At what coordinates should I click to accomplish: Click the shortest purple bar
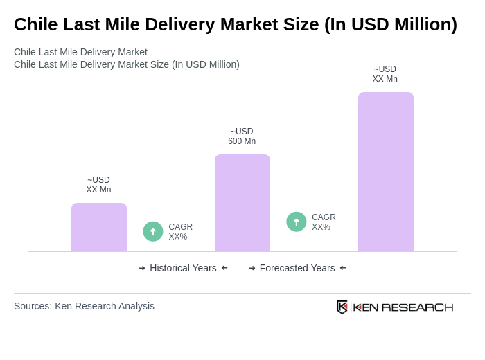99,227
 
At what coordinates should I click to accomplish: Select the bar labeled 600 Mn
242,203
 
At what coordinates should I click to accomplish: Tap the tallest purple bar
386,172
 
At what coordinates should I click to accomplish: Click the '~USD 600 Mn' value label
242,136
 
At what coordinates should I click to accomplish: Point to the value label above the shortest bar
98,185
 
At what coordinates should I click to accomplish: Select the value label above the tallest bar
385,74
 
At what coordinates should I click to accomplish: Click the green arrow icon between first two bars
153,231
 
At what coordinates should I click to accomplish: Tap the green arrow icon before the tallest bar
297,222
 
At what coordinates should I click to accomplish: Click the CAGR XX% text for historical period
181,232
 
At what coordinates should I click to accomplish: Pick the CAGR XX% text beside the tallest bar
324,222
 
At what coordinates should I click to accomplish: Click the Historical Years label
183,268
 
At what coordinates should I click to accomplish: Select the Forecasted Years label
297,268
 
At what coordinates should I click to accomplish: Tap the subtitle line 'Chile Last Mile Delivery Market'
80,52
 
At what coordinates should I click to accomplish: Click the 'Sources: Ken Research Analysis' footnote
84,306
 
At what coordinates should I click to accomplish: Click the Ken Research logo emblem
342,307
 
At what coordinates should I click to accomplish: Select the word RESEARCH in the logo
417,307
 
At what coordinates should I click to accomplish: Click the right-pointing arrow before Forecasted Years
252,268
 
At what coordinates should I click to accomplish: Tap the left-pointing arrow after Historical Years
224,268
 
